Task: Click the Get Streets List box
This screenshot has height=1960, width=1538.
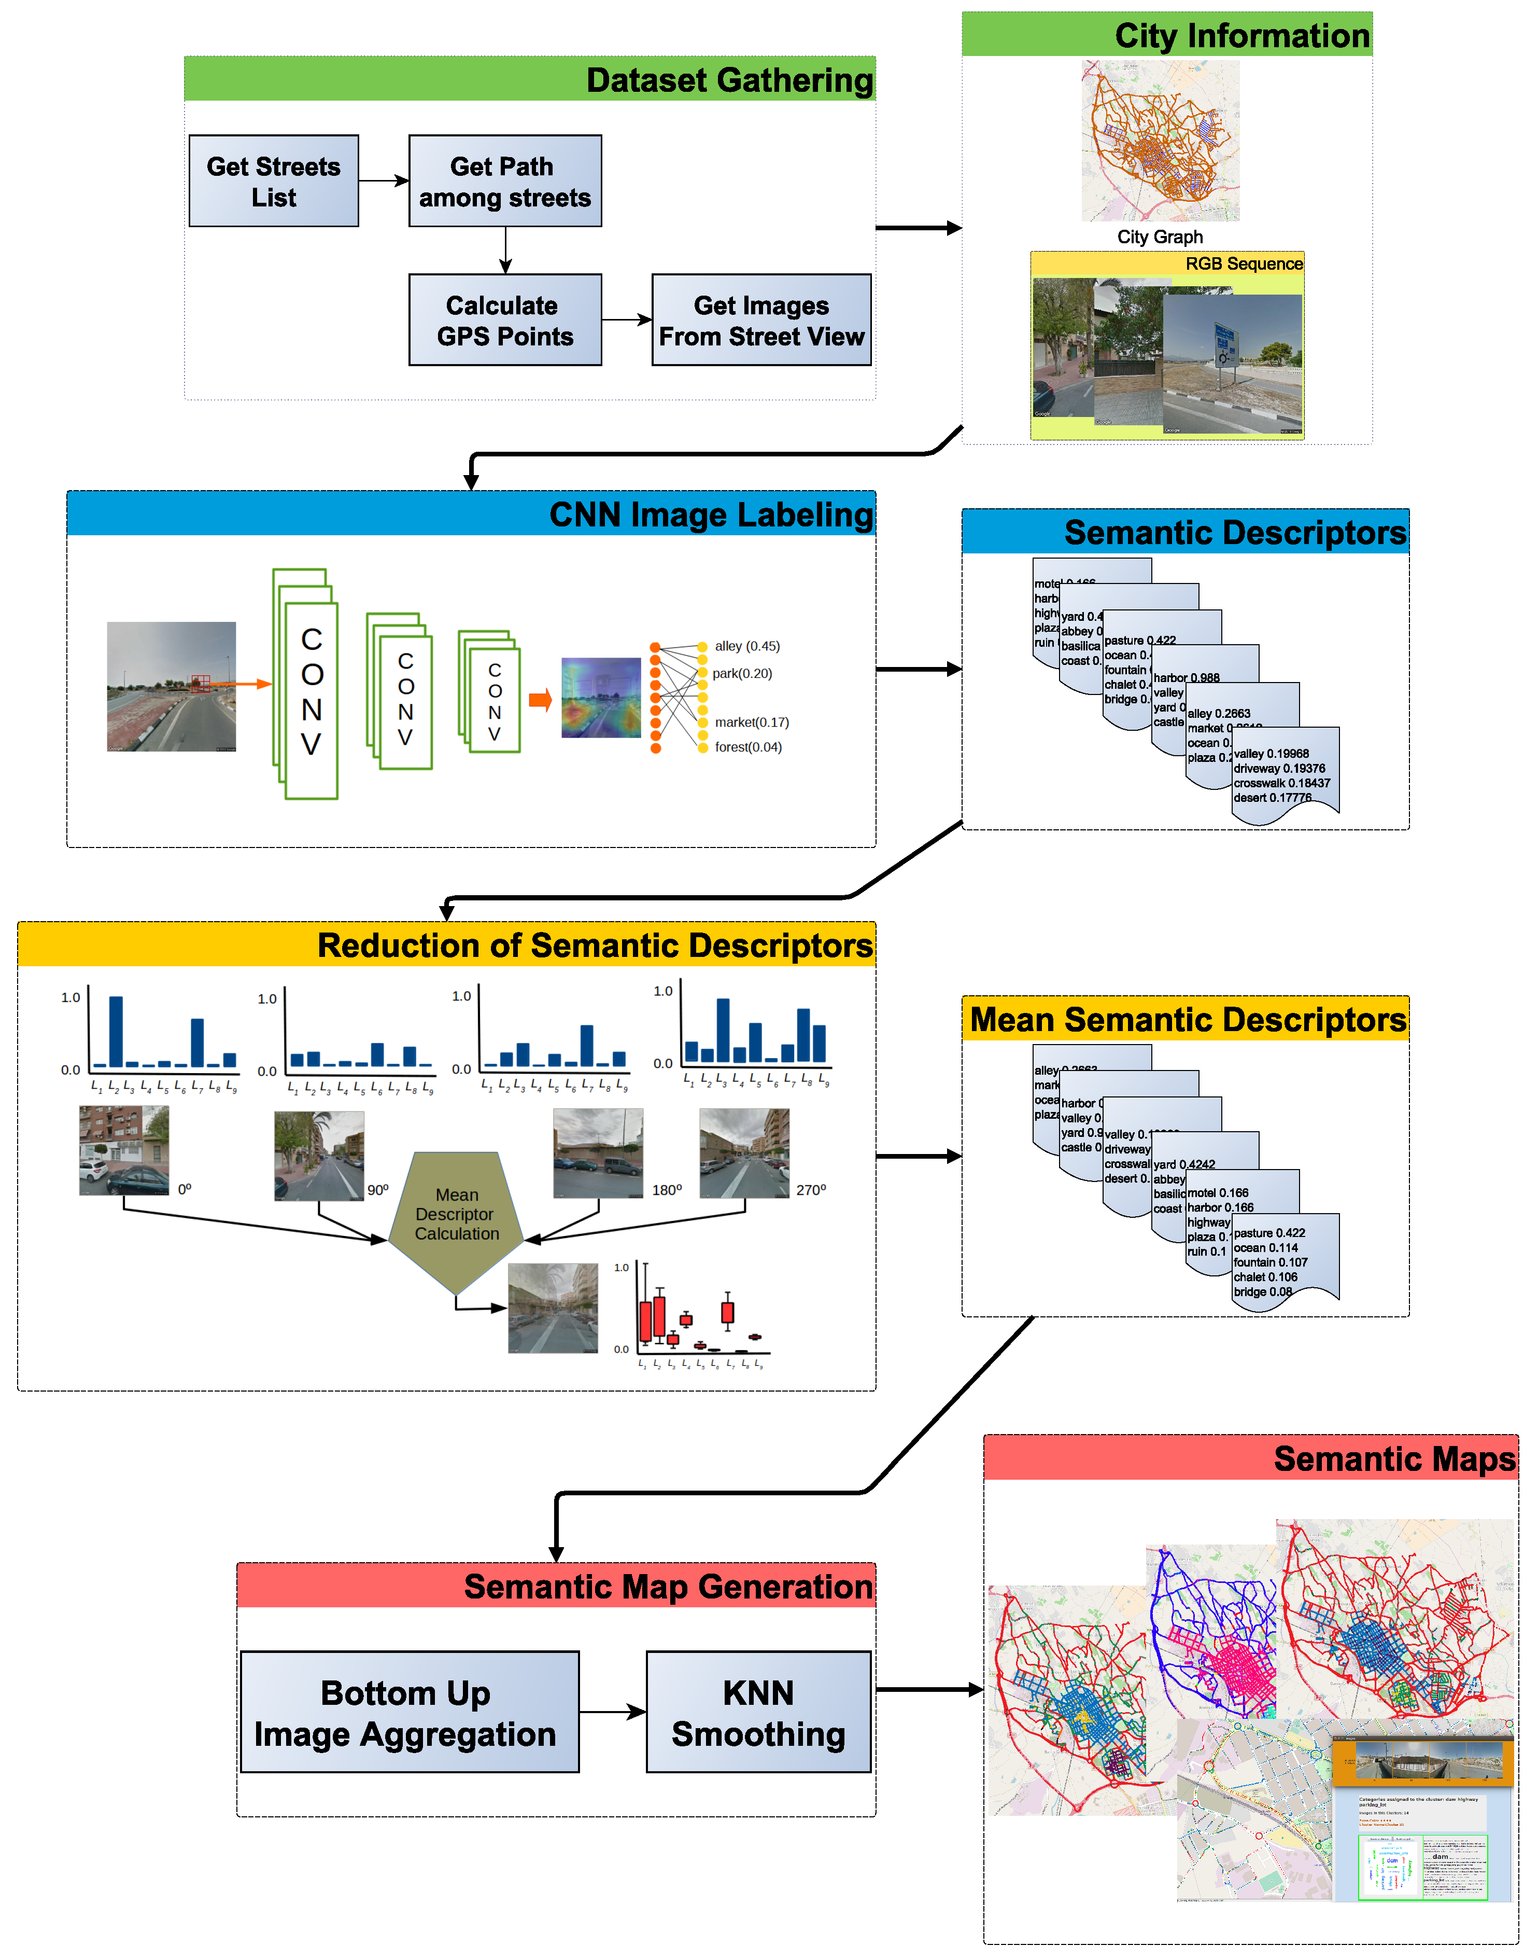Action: [x=274, y=181]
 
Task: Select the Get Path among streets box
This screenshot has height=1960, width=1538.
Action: [x=505, y=181]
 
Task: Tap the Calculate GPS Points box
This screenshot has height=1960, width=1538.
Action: [x=505, y=320]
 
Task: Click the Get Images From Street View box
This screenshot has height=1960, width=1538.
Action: [x=762, y=320]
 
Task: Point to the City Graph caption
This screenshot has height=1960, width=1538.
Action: [x=1160, y=237]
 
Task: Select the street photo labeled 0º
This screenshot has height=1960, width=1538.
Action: [x=124, y=1150]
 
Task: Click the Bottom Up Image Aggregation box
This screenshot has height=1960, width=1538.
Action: [x=410, y=1712]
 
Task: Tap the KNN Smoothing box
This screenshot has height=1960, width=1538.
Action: [x=758, y=1712]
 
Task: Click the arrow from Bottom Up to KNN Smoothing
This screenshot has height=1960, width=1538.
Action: [x=612, y=1712]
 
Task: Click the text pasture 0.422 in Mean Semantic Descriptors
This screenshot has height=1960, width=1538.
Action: [x=1269, y=1233]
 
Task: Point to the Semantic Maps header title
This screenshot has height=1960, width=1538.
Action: [x=1394, y=1458]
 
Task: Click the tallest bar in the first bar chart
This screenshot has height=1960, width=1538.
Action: [x=115, y=1031]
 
